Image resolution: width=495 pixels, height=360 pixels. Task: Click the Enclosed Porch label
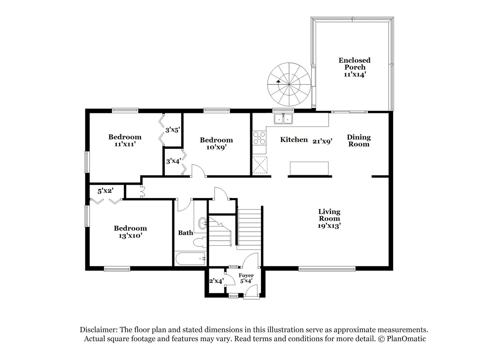point(354,64)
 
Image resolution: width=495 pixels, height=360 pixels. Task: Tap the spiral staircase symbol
point(289,84)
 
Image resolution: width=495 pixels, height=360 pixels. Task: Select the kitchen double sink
point(283,118)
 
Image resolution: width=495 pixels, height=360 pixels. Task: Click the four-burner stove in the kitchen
point(259,138)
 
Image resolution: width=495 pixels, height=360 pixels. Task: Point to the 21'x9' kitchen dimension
point(322,141)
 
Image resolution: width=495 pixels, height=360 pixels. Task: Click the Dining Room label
point(359,141)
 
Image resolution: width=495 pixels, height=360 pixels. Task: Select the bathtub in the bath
point(191,259)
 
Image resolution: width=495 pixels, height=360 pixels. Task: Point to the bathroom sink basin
point(203,224)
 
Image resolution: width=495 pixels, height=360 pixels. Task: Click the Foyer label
point(246,275)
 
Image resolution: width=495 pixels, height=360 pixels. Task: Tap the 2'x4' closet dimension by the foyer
point(217,281)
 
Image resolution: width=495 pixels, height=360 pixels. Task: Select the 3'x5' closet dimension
point(172,130)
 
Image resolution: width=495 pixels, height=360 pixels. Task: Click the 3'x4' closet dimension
point(173,161)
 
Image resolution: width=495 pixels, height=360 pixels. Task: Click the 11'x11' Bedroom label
point(125,141)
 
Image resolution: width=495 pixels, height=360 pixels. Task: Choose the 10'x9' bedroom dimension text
point(216,147)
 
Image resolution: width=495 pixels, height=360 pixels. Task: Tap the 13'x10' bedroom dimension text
point(130,236)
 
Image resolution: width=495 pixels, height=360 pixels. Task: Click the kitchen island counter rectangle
point(309,168)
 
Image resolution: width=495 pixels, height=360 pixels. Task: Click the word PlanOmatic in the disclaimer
point(406,339)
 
